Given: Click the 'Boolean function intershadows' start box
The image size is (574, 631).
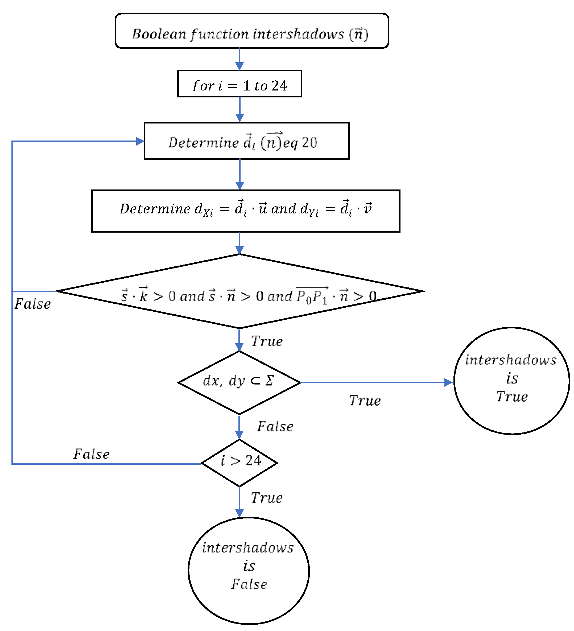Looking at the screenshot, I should click(x=252, y=31).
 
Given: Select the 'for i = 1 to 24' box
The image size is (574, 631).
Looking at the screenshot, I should click(x=239, y=84).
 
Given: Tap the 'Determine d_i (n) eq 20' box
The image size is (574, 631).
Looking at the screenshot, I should click(x=246, y=141).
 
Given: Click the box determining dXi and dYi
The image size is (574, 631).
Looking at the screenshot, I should click(x=246, y=211).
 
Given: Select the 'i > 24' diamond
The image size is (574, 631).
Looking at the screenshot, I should click(x=239, y=463).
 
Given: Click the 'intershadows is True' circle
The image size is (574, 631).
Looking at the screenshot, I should click(x=511, y=381).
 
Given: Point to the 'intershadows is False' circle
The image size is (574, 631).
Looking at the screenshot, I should click(x=249, y=571).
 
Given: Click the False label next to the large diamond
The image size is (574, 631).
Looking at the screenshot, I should click(x=32, y=304).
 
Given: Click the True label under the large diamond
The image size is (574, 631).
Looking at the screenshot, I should click(x=267, y=341).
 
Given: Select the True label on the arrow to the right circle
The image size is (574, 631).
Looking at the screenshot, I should click(x=365, y=401).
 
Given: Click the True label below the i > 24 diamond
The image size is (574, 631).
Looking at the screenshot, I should click(x=267, y=498).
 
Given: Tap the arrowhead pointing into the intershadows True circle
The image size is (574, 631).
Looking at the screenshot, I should click(x=448, y=382).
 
